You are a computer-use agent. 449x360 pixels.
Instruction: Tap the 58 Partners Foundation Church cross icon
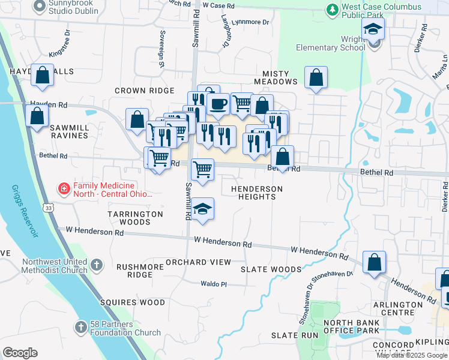(x=81, y=327)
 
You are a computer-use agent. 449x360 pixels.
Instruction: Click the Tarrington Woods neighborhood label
(x=135, y=218)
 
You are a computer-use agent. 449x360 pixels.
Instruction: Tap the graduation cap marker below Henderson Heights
(x=203, y=209)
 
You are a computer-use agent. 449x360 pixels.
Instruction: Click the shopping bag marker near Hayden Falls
(x=42, y=76)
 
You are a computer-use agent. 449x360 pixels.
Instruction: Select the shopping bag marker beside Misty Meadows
(x=316, y=77)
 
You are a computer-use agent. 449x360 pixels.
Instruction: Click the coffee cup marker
(x=217, y=103)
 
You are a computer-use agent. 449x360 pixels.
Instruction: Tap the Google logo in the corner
(x=20, y=353)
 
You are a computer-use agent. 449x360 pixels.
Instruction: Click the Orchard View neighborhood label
(x=198, y=262)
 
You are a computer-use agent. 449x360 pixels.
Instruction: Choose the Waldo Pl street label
(x=213, y=284)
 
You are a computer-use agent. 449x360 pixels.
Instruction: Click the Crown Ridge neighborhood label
(x=145, y=91)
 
